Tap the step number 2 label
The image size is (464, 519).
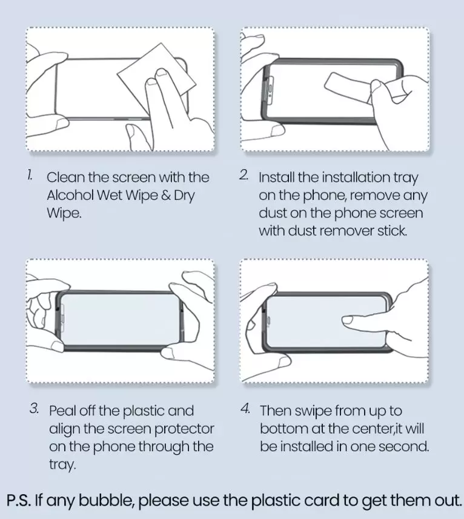(x=244, y=175)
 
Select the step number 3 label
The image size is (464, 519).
(x=34, y=408)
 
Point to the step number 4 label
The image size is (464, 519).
(x=245, y=408)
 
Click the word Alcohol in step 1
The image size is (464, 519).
(x=70, y=195)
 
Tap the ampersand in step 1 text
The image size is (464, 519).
(x=166, y=195)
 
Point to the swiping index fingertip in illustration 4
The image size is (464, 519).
(x=348, y=320)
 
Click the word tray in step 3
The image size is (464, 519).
(x=62, y=464)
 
